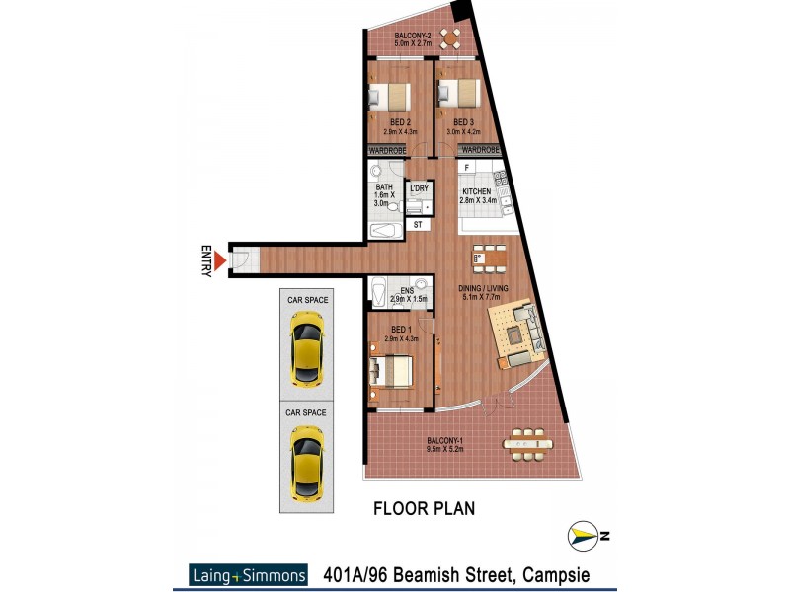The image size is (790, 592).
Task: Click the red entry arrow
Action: pos(222,260)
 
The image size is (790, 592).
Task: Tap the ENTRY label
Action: pos(206,260)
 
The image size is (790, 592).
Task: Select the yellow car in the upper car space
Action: pos(307,349)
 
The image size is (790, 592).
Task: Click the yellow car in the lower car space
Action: pos(307,462)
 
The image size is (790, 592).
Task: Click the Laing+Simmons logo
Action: pos(248,574)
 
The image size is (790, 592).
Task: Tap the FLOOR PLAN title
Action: pos(424,509)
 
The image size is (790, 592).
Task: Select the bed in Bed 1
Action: pos(391,371)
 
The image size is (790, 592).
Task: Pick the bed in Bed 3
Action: pos(459,94)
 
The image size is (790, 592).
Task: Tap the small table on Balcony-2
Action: pos(450,38)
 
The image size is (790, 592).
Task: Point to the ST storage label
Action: pos(418,225)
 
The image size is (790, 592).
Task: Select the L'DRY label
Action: pos(418,187)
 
